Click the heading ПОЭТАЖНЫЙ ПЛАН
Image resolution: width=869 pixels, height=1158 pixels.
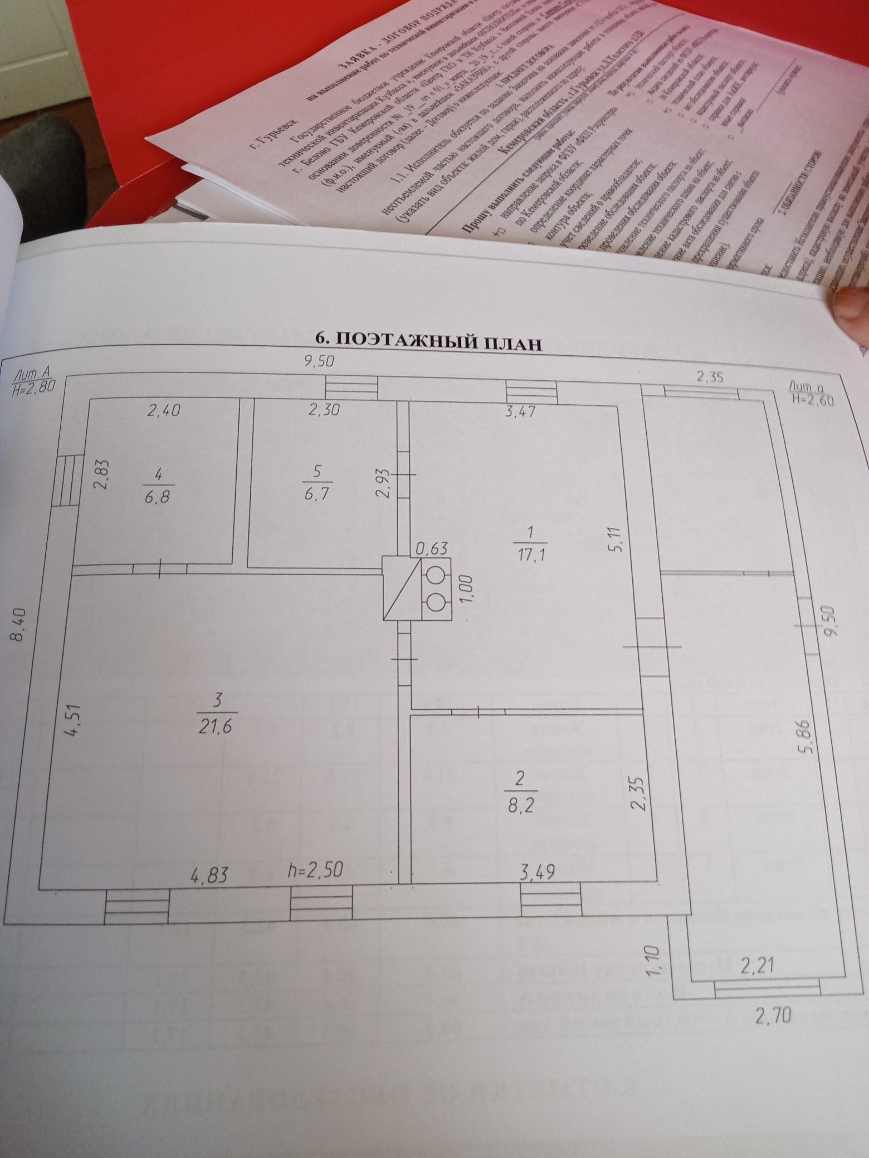(x=428, y=341)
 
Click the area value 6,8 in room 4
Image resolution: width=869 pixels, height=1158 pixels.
(x=155, y=496)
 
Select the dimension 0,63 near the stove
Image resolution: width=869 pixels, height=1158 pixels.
(x=432, y=548)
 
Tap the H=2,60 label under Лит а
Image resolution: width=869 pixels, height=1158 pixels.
(x=811, y=399)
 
